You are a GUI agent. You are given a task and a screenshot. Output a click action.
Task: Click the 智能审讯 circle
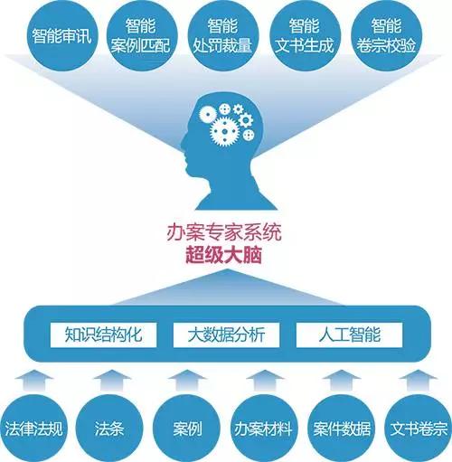coord(61,36)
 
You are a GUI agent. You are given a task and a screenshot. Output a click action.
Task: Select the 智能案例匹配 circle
coord(142,36)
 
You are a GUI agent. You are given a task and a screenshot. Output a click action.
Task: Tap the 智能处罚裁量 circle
coord(223,36)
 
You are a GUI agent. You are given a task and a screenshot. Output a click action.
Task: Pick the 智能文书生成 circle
coord(305,36)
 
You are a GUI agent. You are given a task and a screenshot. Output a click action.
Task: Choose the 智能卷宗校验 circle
coord(387,36)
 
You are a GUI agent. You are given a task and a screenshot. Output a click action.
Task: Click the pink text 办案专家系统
coord(224,232)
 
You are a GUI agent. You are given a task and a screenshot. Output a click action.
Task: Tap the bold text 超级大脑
coord(223,255)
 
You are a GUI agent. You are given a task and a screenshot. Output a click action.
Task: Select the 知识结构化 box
coord(103,335)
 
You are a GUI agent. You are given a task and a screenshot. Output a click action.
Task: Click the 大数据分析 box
coord(226,335)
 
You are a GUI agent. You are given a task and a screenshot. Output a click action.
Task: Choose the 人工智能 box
coord(350,335)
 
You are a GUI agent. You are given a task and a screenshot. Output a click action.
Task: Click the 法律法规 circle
coord(33,429)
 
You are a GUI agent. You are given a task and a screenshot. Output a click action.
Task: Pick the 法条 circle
coord(109,429)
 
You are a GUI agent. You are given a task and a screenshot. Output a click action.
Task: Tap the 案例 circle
coord(187,429)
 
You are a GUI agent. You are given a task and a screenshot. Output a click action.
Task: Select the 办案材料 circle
coord(264,429)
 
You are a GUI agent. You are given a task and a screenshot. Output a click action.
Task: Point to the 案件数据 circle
coord(342,429)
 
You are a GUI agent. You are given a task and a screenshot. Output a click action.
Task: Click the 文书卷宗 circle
coord(419,429)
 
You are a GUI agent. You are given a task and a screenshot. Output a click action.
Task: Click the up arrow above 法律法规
coord(34,381)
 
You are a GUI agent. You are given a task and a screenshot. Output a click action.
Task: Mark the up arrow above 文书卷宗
coord(419,381)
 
